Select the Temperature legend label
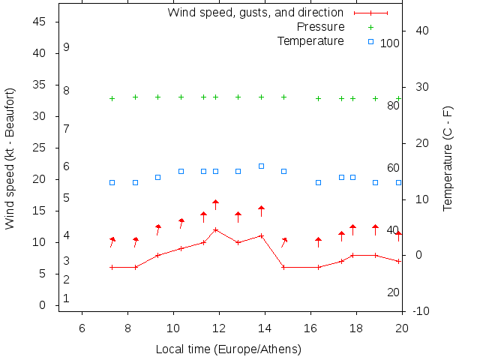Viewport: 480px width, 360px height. click(310, 41)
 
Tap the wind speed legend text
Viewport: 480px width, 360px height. click(255, 13)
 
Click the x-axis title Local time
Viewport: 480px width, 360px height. click(228, 349)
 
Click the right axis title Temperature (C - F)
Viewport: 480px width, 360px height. click(448, 157)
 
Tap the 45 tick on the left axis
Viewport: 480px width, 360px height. click(41, 22)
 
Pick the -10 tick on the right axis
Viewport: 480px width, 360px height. click(420, 311)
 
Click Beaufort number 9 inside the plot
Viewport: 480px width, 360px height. click(67, 47)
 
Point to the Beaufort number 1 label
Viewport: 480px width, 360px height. click(67, 298)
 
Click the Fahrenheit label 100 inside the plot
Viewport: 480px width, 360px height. click(390, 43)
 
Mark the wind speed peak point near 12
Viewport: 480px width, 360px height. click(215, 229)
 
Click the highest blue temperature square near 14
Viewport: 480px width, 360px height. click(261, 166)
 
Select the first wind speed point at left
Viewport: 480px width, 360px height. click(112, 267)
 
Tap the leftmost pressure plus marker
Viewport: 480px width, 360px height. click(112, 99)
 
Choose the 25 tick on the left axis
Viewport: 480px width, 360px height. click(41, 148)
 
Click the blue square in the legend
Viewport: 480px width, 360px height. click(370, 41)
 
